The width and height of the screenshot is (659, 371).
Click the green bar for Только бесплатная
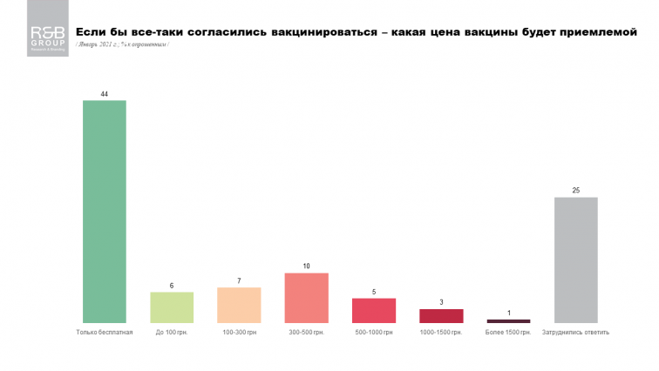coord(104,212)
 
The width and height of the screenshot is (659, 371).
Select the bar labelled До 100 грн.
coord(172,307)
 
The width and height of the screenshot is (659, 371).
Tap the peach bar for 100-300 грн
coord(239,305)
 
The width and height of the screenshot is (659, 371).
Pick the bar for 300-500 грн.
coord(306,298)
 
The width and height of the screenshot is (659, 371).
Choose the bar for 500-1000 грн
coord(374,310)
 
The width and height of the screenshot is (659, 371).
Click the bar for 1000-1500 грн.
coord(441,315)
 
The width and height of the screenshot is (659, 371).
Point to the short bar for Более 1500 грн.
coord(508,321)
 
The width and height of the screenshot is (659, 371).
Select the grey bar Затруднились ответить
coord(576,260)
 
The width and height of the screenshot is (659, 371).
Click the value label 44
coord(104,93)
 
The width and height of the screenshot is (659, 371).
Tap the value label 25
coord(576,190)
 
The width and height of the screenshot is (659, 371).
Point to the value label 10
coord(306,266)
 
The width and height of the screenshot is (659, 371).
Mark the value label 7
coord(239,280)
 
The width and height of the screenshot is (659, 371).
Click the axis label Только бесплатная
coord(104,333)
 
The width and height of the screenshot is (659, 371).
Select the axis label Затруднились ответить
coord(576,333)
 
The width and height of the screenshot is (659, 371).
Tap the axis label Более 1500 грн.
coord(508,333)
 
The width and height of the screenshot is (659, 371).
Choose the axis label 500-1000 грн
coord(374,333)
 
